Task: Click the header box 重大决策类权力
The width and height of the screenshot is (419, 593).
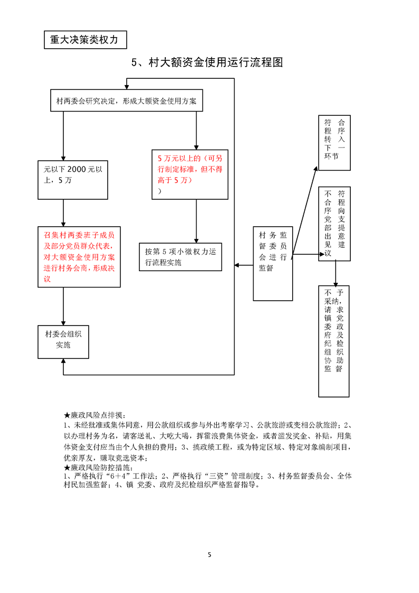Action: (x=85, y=40)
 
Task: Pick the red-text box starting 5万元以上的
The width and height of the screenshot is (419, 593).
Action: (x=190, y=174)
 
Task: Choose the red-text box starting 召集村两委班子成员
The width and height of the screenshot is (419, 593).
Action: (x=79, y=257)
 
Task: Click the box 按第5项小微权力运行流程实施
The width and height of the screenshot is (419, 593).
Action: (x=180, y=257)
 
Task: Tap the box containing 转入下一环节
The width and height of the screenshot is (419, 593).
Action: (x=334, y=142)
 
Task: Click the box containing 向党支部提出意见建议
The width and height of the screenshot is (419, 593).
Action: (x=334, y=223)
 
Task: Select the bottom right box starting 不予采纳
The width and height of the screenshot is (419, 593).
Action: (x=334, y=341)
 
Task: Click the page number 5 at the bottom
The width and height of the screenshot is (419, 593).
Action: (x=210, y=555)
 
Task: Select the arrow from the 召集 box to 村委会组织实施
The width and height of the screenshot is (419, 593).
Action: (x=63, y=307)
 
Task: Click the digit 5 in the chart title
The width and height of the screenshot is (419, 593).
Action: (x=135, y=62)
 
